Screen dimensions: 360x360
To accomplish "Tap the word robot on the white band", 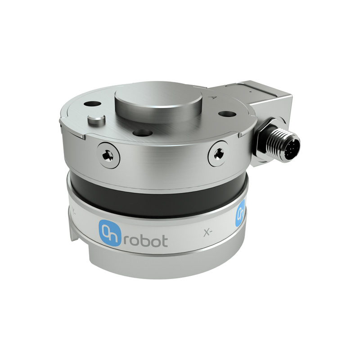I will pyautogui.click(x=144, y=240).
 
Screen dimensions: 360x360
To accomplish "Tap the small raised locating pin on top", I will pyautogui.click(x=96, y=119).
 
